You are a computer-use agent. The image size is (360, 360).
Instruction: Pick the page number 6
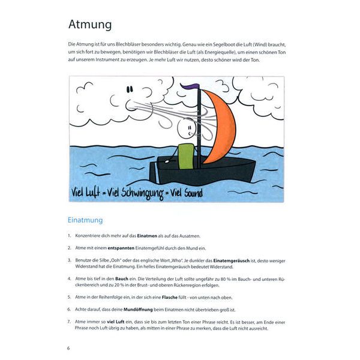(69, 347)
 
